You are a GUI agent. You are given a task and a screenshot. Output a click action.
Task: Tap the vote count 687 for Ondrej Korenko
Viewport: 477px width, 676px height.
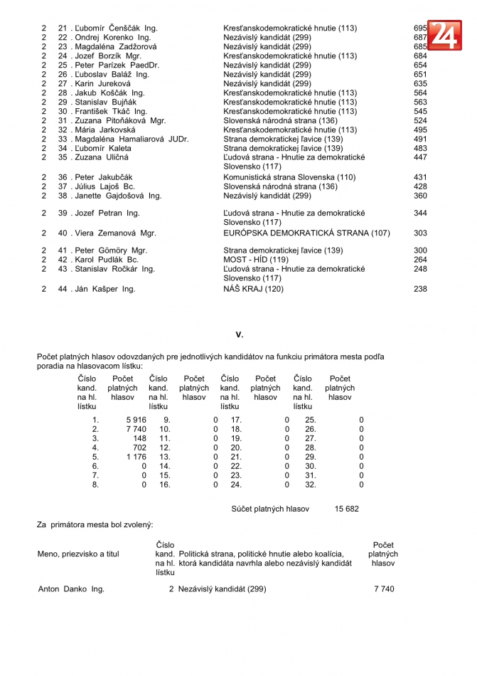click(x=420, y=38)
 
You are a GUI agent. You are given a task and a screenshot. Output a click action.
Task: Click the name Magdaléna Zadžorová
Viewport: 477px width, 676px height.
click(x=117, y=47)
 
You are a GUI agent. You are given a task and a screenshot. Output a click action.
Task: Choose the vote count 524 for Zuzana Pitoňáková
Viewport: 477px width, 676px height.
click(x=420, y=121)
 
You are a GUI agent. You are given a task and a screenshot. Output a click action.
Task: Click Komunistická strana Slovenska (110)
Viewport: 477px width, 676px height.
click(x=289, y=177)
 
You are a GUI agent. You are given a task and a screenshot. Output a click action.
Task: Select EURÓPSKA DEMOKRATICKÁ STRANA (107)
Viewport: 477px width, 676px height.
click(x=306, y=233)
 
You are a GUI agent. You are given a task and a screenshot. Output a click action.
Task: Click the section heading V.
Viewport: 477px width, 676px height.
click(x=240, y=334)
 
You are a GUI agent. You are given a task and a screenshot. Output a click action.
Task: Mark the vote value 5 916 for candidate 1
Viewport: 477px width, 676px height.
click(x=136, y=421)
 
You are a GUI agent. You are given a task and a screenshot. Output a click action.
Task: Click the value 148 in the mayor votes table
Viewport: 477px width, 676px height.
click(x=139, y=439)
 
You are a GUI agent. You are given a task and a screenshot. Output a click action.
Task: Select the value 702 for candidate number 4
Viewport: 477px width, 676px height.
click(x=139, y=448)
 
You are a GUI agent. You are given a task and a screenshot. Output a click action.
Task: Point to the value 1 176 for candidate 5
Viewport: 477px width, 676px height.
click(x=136, y=458)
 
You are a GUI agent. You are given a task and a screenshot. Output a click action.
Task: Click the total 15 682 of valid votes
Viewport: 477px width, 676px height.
click(x=346, y=509)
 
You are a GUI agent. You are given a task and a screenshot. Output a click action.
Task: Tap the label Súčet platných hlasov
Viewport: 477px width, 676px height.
click(x=270, y=509)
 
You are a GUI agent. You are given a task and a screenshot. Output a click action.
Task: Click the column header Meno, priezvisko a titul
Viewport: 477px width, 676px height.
click(x=78, y=554)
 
